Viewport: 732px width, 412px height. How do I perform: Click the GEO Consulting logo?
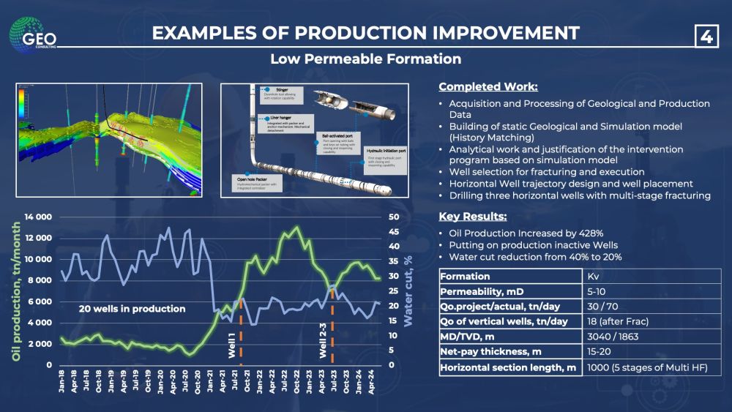pyautogui.click(x=31, y=33)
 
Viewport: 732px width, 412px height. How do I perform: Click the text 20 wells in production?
pyautogui.click(x=132, y=309)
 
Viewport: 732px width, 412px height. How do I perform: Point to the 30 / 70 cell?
pyautogui.click(x=605, y=307)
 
